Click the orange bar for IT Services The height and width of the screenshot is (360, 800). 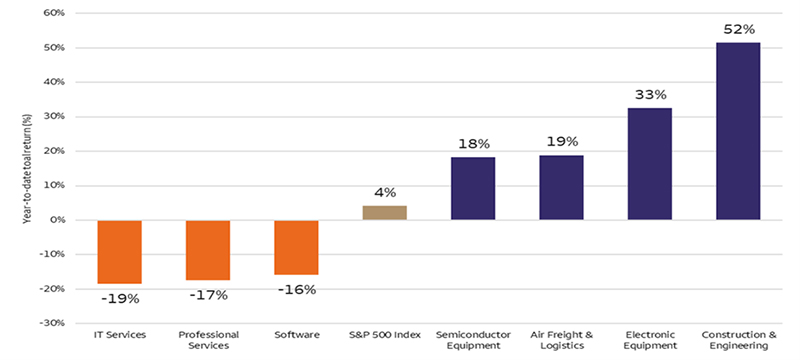[119, 252]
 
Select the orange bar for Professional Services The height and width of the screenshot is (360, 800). [208, 250]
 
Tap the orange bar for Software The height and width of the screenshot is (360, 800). [296, 247]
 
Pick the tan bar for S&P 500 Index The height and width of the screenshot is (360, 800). [384, 212]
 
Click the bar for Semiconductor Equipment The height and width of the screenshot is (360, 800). [472, 188]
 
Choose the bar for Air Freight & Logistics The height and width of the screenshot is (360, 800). [561, 187]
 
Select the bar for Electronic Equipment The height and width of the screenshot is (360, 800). [649, 164]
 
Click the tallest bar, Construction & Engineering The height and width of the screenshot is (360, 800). [738, 131]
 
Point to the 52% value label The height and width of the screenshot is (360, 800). [738, 29]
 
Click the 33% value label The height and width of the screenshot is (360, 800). [649, 94]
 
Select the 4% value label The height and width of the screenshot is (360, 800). [385, 192]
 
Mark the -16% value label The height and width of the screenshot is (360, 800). [296, 289]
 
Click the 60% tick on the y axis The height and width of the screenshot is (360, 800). [52, 14]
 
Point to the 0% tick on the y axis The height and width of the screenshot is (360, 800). [55, 220]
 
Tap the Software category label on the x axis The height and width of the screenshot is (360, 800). [296, 334]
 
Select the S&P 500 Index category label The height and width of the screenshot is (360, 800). [384, 334]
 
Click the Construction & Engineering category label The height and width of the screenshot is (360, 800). [738, 339]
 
